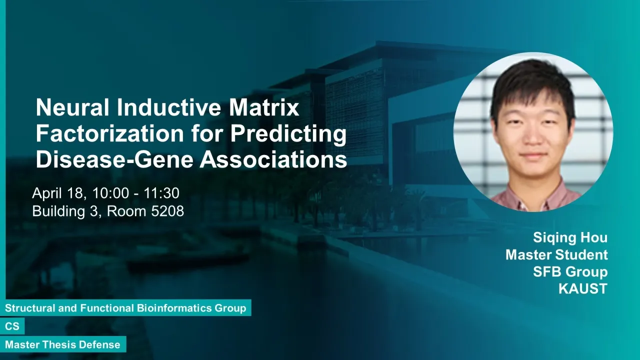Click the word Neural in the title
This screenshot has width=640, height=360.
[x=72, y=107]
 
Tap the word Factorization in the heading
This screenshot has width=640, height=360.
[x=110, y=133]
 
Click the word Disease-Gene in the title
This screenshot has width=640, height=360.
[x=114, y=159]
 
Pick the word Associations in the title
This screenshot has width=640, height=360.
[x=273, y=159]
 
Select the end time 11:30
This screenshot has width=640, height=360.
[x=161, y=193]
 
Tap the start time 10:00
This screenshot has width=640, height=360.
[x=110, y=193]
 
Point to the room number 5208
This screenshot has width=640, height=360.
[x=167, y=211]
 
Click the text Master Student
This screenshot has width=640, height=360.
[x=556, y=254]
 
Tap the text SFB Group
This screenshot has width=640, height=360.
[x=570, y=271]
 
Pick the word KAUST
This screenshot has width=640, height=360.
[x=583, y=288]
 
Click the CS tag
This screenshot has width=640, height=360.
[x=12, y=326]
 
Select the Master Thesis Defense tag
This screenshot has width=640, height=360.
[x=63, y=344]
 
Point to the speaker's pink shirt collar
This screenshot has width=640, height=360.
[x=535, y=195]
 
